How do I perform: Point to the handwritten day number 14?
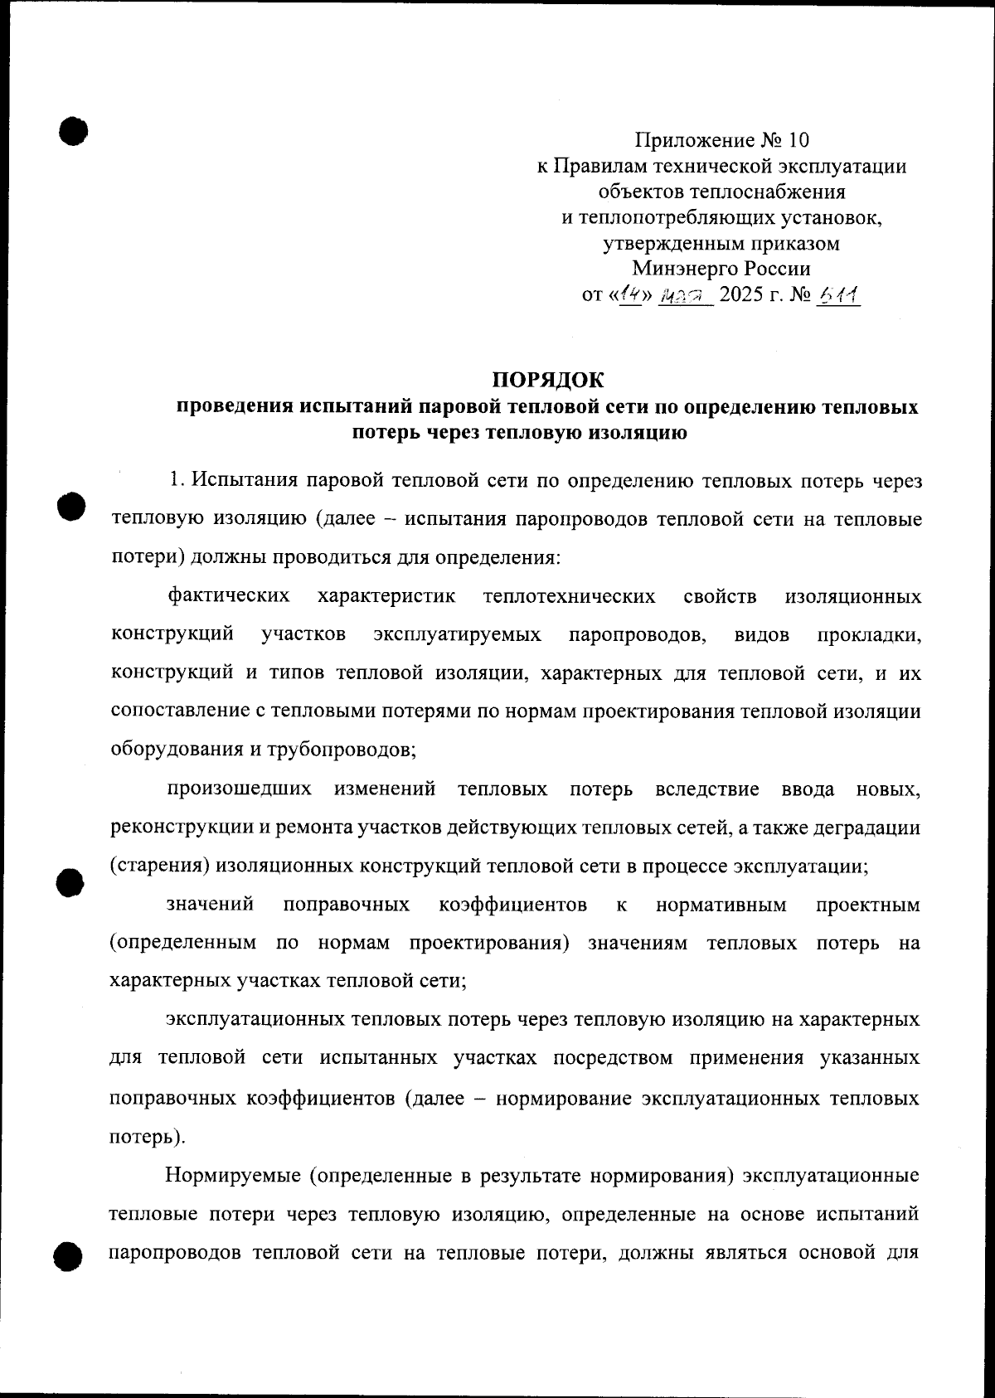pyautogui.click(x=632, y=294)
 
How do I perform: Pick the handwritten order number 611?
pyautogui.click(x=837, y=294)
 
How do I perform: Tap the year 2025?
pyautogui.click(x=741, y=295)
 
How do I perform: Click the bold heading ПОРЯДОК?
pyautogui.click(x=548, y=380)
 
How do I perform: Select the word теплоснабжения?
pyautogui.click(x=721, y=192)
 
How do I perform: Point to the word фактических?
pyautogui.click(x=228, y=596)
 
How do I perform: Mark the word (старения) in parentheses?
pyautogui.click(x=160, y=866)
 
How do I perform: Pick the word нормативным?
pyautogui.click(x=721, y=905)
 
